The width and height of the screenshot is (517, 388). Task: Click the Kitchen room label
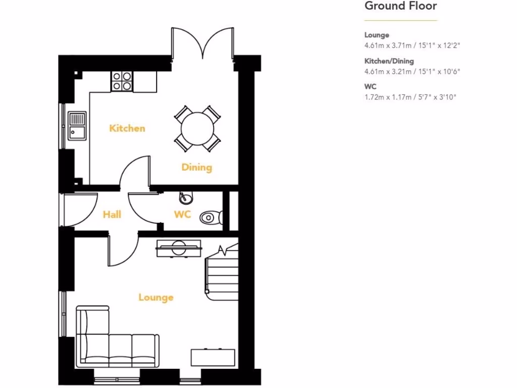click(x=127, y=128)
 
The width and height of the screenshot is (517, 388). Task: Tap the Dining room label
click(x=197, y=167)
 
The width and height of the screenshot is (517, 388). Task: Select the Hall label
click(x=112, y=215)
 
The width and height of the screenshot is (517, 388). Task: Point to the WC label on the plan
click(x=182, y=215)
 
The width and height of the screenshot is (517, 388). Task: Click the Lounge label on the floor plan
click(x=156, y=298)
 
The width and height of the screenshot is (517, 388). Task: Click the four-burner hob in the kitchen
click(x=122, y=81)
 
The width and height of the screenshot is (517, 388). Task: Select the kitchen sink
click(x=77, y=126)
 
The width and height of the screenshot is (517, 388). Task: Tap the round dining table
click(x=197, y=128)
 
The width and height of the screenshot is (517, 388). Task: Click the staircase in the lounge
click(x=221, y=273)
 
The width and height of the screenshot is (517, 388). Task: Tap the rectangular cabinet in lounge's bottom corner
click(x=213, y=358)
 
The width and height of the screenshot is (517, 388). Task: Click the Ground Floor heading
click(x=400, y=6)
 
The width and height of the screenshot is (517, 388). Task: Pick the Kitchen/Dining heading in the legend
click(x=389, y=61)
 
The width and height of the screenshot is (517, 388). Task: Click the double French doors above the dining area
click(x=202, y=43)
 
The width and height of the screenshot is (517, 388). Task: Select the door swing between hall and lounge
click(x=123, y=250)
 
